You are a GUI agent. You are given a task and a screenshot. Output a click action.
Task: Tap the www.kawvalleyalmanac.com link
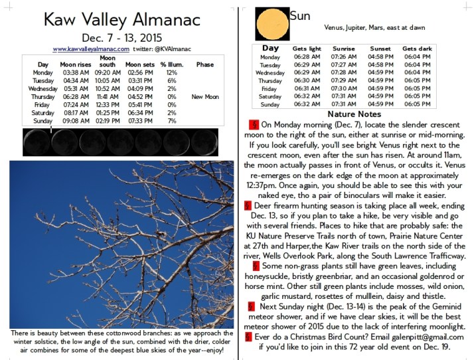[x=91, y=48]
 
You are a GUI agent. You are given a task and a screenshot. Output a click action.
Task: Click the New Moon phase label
[x=204, y=96]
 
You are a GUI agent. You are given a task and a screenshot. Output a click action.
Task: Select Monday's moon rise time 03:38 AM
[x=74, y=72]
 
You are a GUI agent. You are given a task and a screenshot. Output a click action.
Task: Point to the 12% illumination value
[x=172, y=72]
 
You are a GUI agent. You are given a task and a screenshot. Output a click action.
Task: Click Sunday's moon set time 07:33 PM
[x=139, y=121]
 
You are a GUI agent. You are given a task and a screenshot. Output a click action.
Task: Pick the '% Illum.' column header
[x=172, y=64]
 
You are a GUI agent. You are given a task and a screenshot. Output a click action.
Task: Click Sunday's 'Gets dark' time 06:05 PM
[x=417, y=104]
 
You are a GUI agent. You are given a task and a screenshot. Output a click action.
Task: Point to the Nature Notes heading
[x=355, y=114]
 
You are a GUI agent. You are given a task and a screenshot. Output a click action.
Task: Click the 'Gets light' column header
[x=306, y=49]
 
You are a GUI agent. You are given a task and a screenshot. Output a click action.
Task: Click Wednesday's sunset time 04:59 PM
[x=380, y=72]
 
